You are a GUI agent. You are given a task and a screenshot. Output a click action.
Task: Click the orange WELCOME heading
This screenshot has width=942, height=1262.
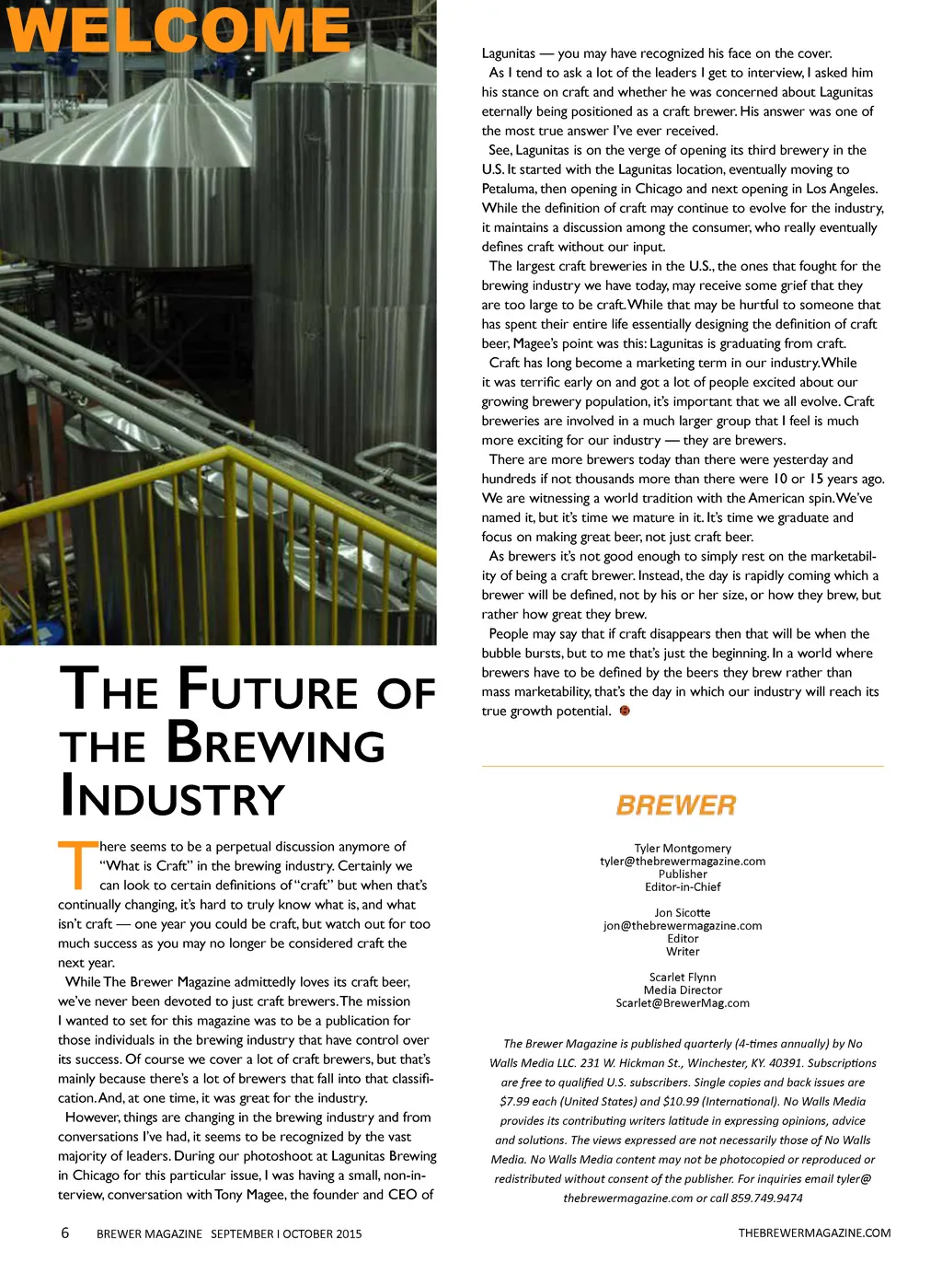[x=179, y=29]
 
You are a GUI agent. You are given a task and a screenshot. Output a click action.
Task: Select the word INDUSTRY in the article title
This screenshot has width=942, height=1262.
[x=172, y=797]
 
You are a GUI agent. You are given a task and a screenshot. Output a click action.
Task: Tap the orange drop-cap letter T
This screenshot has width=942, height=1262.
[x=77, y=865]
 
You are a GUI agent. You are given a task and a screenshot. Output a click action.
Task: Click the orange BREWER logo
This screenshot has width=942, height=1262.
[x=676, y=805]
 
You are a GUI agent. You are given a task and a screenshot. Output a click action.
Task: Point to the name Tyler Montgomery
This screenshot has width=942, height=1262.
[x=683, y=848]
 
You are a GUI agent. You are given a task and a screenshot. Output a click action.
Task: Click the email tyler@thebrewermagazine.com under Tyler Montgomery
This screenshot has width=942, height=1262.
[x=683, y=861]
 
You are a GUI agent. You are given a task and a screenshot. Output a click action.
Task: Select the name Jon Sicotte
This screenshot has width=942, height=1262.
[x=683, y=912]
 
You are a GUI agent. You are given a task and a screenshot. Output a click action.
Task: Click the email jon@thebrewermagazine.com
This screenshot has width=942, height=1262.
[x=683, y=925]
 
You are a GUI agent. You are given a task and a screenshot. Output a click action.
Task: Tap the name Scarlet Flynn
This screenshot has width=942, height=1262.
[x=683, y=977]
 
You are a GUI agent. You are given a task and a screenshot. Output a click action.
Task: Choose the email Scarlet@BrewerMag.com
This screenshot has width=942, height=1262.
[x=683, y=1002]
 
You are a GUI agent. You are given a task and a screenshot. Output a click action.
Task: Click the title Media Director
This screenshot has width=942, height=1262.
[x=683, y=990]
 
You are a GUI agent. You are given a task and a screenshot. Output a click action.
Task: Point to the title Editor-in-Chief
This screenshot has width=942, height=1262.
[x=683, y=886]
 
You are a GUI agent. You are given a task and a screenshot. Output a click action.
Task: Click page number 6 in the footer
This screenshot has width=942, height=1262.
[x=64, y=1233]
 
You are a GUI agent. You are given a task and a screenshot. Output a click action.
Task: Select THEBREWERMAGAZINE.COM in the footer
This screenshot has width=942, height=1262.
[x=814, y=1233]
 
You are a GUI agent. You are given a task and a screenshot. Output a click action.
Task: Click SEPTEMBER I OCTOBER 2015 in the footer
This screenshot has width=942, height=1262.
[x=286, y=1233]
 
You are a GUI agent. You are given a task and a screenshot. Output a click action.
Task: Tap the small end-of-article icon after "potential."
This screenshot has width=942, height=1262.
[x=626, y=711]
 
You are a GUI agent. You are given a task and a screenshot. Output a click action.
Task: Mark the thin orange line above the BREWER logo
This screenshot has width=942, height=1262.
[x=683, y=766]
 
